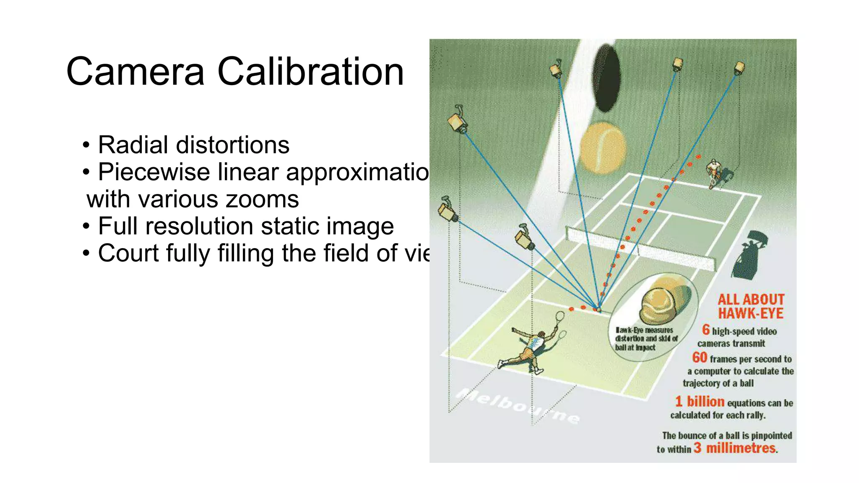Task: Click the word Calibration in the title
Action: click(310, 72)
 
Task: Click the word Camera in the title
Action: click(135, 72)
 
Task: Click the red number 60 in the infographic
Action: click(700, 358)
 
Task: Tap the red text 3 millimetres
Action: click(735, 448)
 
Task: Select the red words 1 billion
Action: click(700, 402)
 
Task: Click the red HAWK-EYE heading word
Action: click(751, 313)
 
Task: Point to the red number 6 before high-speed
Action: click(706, 330)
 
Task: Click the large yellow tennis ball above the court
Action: click(603, 148)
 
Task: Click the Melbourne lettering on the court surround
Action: click(518, 405)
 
